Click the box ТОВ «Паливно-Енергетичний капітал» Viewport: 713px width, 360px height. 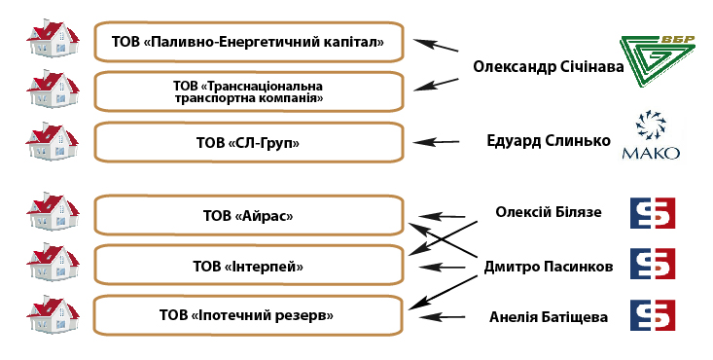tap(248, 41)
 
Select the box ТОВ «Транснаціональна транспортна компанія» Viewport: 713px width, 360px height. tap(248, 91)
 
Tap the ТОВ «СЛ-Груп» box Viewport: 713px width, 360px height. tap(248, 142)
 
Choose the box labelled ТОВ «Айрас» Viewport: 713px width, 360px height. tap(248, 215)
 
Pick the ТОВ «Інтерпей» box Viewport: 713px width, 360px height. tap(248, 265)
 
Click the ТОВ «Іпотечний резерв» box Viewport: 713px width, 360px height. tap(248, 315)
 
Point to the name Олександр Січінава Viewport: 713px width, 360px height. tap(548, 67)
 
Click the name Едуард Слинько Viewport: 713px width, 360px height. tap(548, 140)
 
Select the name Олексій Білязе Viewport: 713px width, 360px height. tap(549, 212)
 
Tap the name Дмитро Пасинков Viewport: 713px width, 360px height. tap(549, 266)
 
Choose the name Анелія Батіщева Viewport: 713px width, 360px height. tap(549, 317)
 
